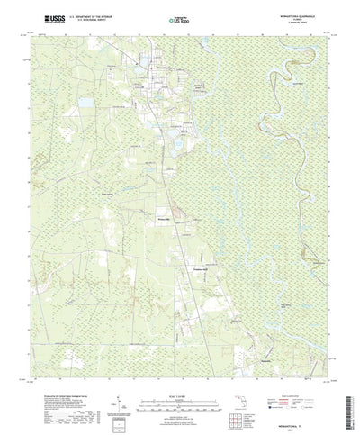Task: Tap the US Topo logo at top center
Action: click(x=179, y=18)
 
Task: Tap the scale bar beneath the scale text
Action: click(x=179, y=378)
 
